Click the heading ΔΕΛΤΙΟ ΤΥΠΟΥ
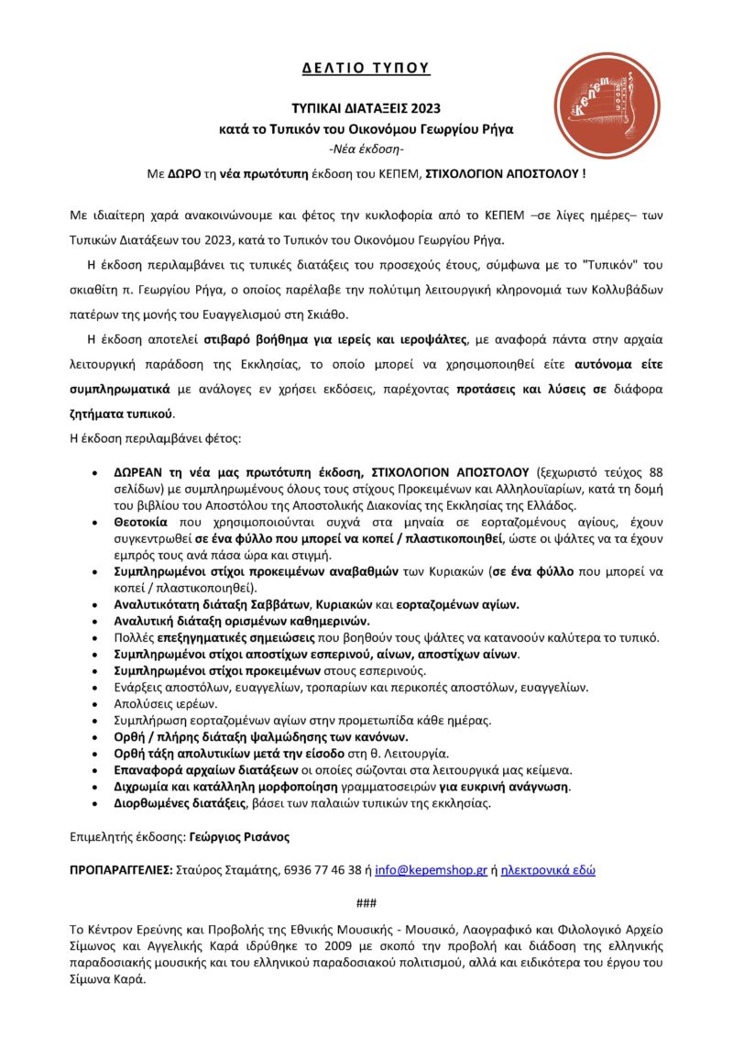click(x=366, y=69)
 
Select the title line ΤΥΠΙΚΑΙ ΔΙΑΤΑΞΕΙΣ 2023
click(x=366, y=108)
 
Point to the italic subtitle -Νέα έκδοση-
click(x=366, y=149)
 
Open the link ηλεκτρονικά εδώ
click(x=549, y=870)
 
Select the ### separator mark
click(x=366, y=903)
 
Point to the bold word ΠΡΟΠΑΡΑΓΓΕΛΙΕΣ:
click(x=123, y=870)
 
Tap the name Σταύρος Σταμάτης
click(x=227, y=870)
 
